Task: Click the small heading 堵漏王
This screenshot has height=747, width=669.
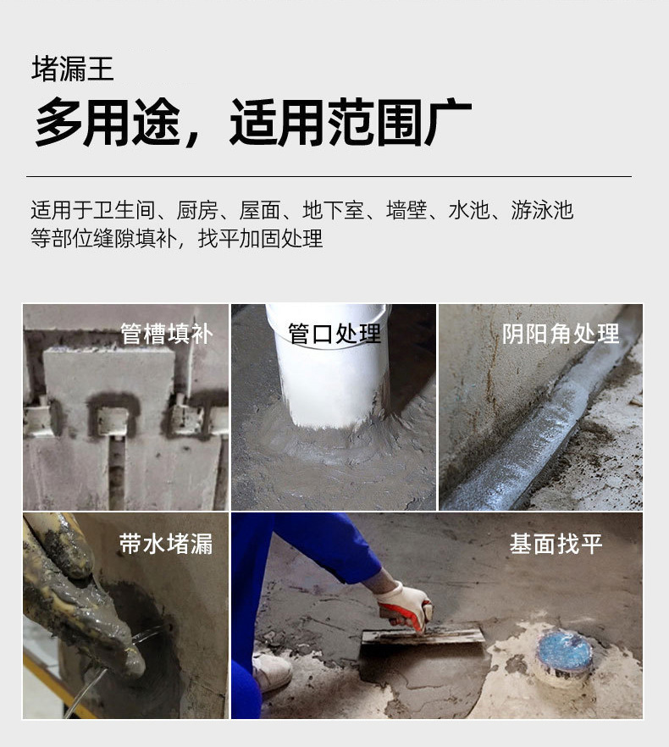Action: (x=72, y=69)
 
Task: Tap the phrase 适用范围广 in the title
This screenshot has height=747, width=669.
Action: (x=351, y=122)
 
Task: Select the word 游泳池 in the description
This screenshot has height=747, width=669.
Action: (x=542, y=210)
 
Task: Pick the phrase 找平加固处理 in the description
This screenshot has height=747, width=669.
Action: (x=261, y=239)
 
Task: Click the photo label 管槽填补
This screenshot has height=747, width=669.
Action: (x=166, y=334)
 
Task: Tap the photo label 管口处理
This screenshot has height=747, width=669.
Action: (x=334, y=334)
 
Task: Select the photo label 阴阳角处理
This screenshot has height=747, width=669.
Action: (x=561, y=334)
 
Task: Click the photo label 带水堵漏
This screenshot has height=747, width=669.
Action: (x=166, y=544)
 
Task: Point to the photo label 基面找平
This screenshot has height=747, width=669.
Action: (x=556, y=544)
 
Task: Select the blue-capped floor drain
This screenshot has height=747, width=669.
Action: (x=563, y=650)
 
